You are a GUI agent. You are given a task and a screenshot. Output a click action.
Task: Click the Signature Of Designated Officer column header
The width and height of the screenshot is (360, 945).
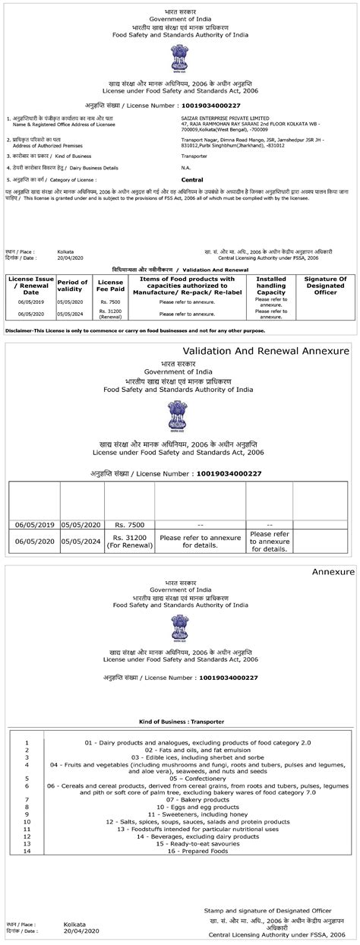pos(325,285)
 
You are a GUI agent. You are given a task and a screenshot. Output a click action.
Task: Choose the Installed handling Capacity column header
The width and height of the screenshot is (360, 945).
pos(270,285)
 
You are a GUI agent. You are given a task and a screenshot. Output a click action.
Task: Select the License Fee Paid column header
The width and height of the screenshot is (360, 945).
pos(110,285)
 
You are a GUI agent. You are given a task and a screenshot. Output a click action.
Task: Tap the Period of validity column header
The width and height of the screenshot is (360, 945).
pos(73,285)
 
